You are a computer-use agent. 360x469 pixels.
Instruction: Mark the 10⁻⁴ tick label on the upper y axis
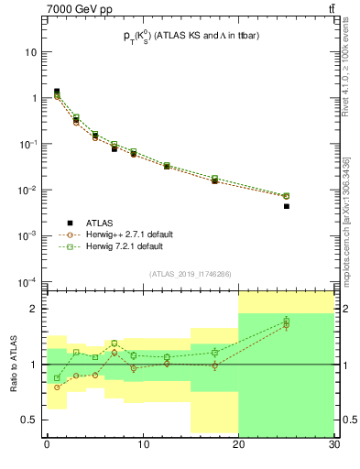click(30, 281)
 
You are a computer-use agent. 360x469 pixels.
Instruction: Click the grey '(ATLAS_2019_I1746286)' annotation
click(190, 274)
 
